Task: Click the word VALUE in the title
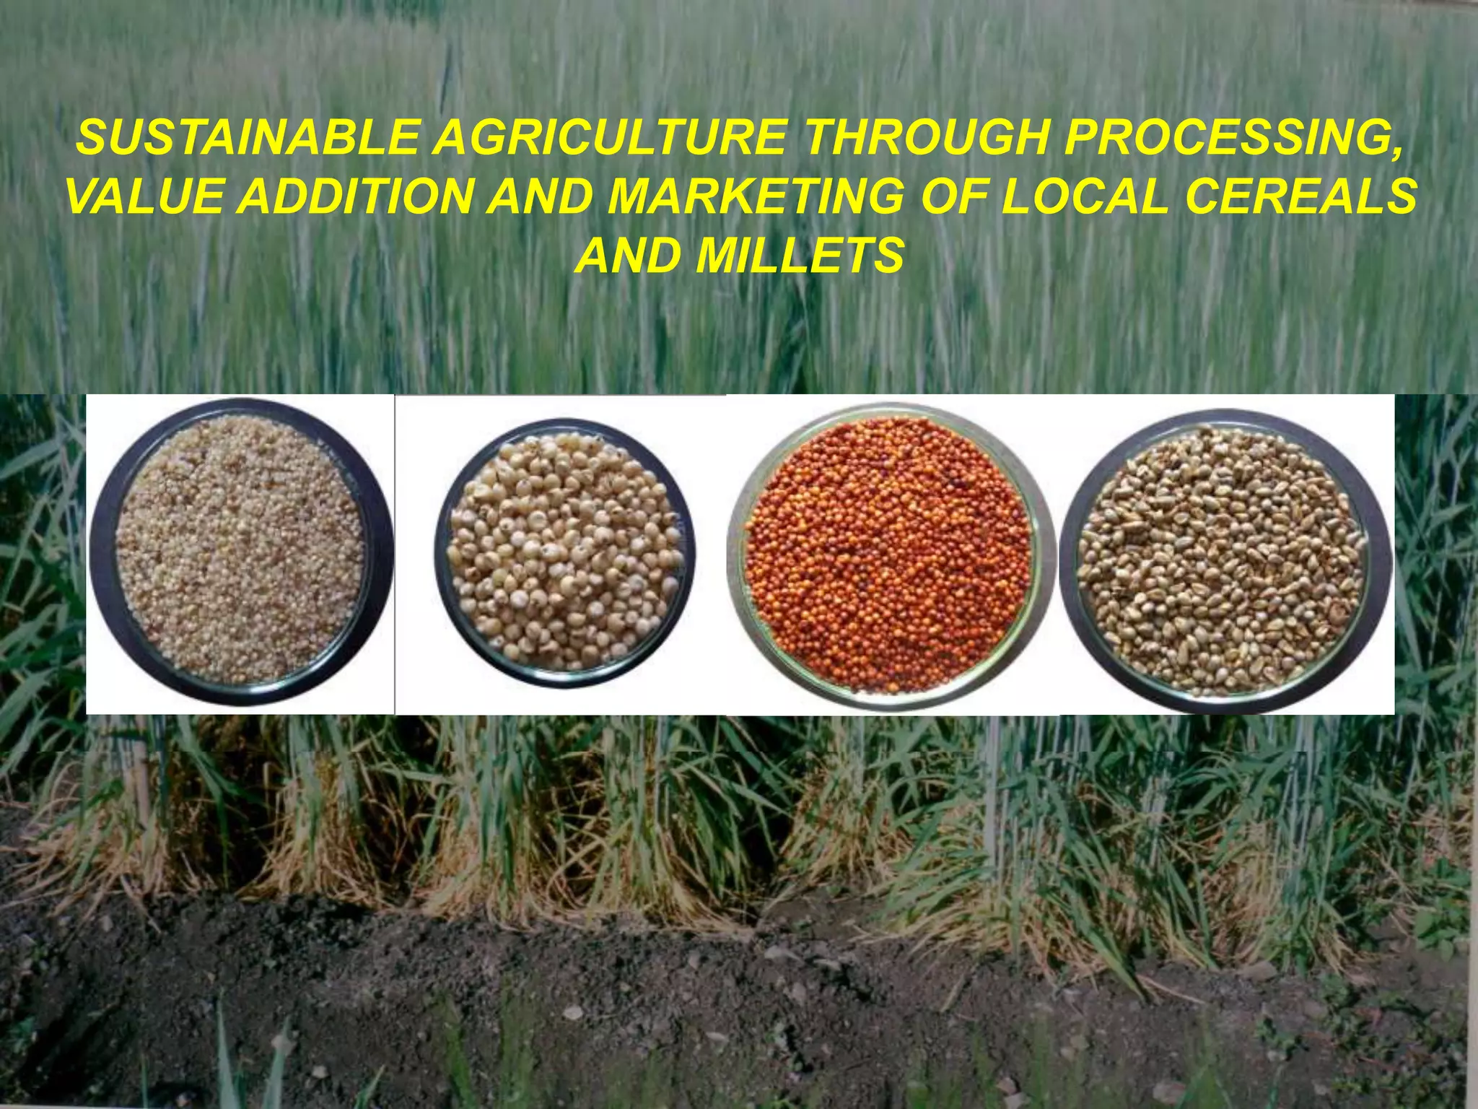pos(147,196)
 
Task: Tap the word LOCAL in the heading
pos(1085,196)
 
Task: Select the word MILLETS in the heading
pos(800,256)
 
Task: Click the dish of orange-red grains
pos(889,554)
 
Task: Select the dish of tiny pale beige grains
pos(240,550)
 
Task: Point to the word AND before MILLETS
pos(627,256)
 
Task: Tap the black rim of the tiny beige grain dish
pos(100,550)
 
